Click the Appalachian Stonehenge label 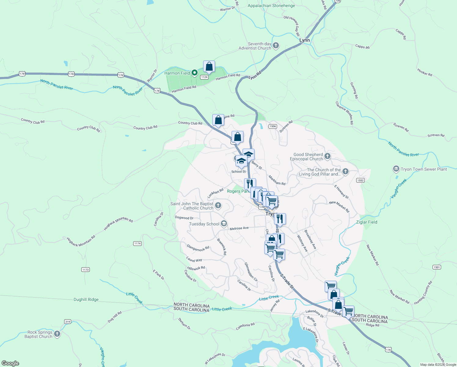point(271,6)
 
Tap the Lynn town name point(304,40)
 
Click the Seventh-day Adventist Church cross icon point(276,46)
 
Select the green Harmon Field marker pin point(195,73)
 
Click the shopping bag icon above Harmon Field point(209,66)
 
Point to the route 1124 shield point(204,77)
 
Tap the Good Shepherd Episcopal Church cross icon point(327,157)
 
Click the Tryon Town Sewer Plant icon point(396,169)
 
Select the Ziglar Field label point(367,222)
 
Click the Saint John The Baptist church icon point(218,206)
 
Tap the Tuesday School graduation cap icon point(224,224)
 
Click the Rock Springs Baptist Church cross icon point(57,334)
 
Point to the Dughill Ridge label point(86,300)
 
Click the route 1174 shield point(137,244)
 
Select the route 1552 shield point(360,180)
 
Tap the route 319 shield point(68,321)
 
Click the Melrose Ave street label point(239,228)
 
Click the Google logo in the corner point(10,363)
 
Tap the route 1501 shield point(437,267)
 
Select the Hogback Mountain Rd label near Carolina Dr point(118,224)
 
